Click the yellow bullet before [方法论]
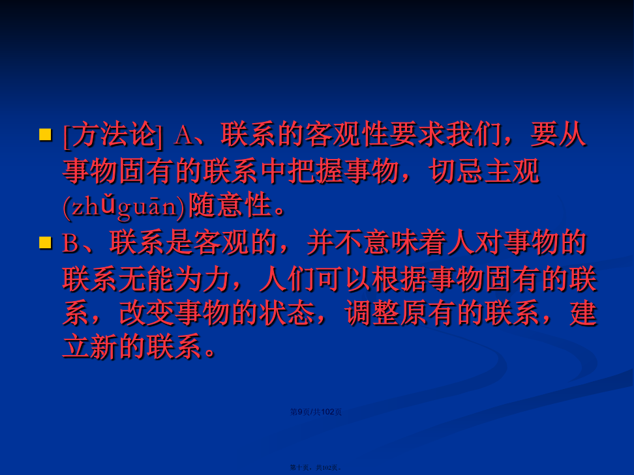45,134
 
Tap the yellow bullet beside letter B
45,242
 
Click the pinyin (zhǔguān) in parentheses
124,207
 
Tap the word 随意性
230,205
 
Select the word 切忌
456,171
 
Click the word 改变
147,313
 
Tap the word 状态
287,313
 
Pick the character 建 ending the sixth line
584,313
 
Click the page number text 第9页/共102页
316,412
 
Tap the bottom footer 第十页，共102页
316,467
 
